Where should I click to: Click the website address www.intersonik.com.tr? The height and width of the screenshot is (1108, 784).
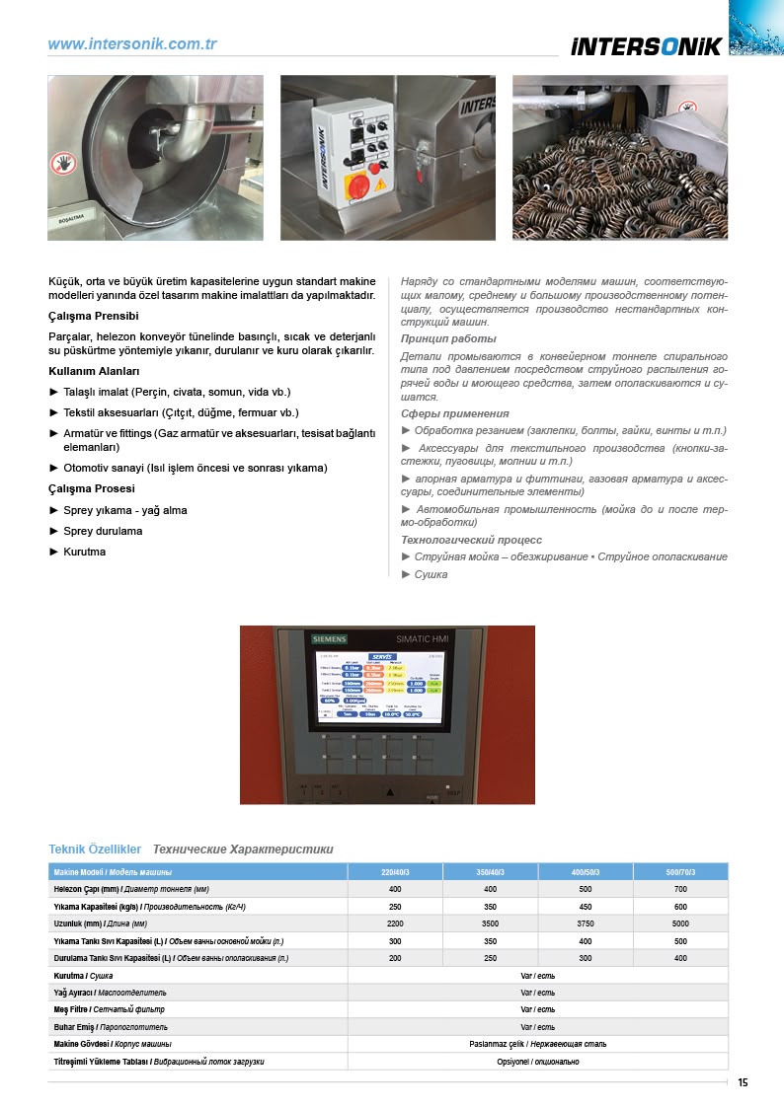click(x=132, y=44)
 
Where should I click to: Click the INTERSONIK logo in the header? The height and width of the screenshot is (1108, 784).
click(x=646, y=46)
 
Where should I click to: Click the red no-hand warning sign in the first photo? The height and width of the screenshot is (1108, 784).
click(x=63, y=163)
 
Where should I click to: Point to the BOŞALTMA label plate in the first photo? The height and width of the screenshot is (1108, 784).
click(x=68, y=221)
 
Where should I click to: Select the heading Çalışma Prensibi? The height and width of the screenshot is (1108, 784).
click(x=93, y=316)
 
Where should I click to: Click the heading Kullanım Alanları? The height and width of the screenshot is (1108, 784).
click(x=94, y=371)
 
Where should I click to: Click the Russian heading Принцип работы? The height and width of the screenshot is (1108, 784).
click(x=448, y=338)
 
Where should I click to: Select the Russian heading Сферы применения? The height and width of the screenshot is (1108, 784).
click(x=455, y=413)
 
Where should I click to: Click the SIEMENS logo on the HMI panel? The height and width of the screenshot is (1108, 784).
click(x=330, y=639)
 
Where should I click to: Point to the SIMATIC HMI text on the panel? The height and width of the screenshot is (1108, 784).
click(x=423, y=639)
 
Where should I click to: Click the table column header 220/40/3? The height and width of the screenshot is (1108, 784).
click(x=395, y=872)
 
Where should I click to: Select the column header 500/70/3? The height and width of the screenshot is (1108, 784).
click(x=680, y=872)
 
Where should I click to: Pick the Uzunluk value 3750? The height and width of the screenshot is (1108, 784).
click(x=586, y=923)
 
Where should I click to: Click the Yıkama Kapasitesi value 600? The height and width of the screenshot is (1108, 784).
click(x=680, y=907)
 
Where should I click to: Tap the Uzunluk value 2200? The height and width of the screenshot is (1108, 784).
click(x=395, y=923)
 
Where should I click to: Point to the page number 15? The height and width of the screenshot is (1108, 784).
click(x=743, y=1083)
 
